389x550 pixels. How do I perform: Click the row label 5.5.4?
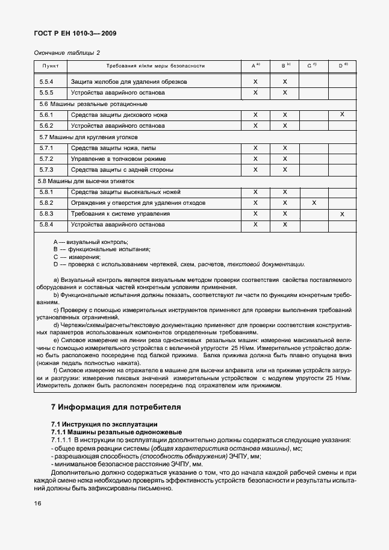coord(46,81)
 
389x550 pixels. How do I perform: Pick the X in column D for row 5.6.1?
coord(342,114)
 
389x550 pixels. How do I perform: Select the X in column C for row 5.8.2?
coord(314,203)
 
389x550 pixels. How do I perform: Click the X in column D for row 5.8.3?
coord(342,214)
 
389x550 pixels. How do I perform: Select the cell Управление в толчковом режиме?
coord(117,159)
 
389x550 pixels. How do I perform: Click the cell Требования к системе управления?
coord(120,214)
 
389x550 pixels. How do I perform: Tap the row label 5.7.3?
coord(46,170)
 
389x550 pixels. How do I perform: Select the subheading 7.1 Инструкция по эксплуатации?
coord(104,425)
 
